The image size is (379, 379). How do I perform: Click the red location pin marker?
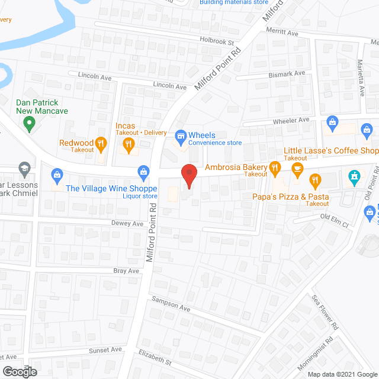click(189, 174)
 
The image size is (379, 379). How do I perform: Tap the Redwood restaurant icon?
click(101, 143)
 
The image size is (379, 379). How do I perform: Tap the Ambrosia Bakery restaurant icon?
click(275, 168)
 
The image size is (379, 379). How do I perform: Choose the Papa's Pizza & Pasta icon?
click(316, 179)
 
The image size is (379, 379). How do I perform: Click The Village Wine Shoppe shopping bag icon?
click(143, 172)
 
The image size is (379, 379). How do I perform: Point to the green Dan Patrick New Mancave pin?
click(28, 124)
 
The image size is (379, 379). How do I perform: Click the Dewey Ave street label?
click(127, 224)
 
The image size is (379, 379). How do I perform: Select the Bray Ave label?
click(126, 271)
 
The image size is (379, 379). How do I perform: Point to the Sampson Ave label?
click(171, 305)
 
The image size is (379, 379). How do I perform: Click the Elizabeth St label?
click(155, 357)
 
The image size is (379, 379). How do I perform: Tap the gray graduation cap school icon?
click(24, 169)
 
